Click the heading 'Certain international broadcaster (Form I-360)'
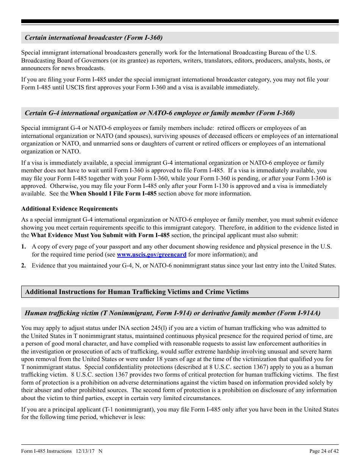click(x=94, y=38)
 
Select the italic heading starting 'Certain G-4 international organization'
click(x=160, y=113)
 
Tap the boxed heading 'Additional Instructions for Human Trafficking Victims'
click(x=137, y=292)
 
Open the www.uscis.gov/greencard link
click(x=152, y=255)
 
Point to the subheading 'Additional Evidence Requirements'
click(x=69, y=209)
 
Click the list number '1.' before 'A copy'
click(x=24, y=247)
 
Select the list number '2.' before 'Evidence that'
click(x=24, y=266)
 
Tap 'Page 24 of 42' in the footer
click(x=324, y=451)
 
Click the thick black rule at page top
click(x=180, y=22)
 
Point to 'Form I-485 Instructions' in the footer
click(x=47, y=451)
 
